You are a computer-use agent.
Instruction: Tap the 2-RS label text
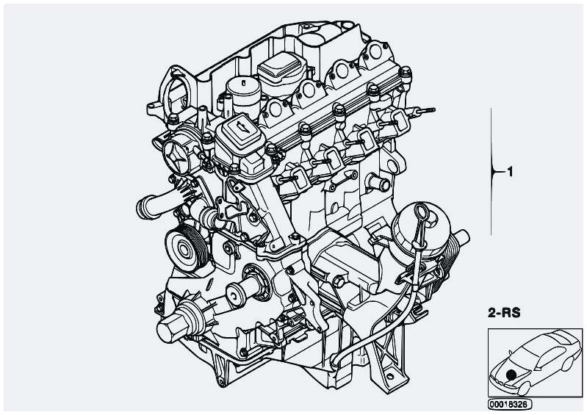tap(504, 313)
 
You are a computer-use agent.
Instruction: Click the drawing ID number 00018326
tap(508, 404)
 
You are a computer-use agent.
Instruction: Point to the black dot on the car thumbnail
tap(511, 375)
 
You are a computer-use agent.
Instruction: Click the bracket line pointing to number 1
tap(491, 171)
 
